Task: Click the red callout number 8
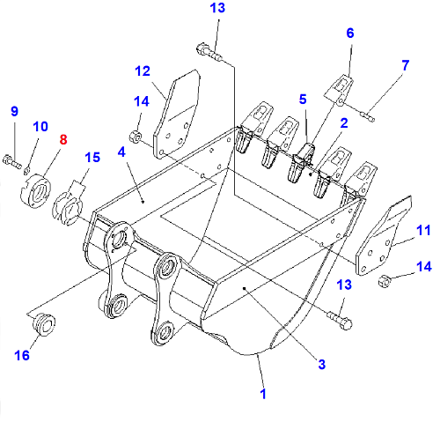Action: pos(63,139)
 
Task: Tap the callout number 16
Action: pos(22,355)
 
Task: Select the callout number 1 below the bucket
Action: pos(263,394)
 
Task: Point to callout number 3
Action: pos(322,365)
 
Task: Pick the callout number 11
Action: pos(423,230)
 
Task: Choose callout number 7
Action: pos(405,65)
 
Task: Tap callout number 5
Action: pos(303,100)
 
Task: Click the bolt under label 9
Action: pos(11,162)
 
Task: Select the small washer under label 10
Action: pos(26,169)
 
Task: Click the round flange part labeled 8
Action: pos(35,191)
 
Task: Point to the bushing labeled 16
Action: pos(43,324)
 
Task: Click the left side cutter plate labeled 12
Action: pos(177,115)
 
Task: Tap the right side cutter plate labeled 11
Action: pos(384,235)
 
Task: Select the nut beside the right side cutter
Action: pos(385,280)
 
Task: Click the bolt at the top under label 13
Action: pos(209,52)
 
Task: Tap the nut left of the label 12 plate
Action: pos(136,137)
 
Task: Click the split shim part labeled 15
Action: pos(68,204)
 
